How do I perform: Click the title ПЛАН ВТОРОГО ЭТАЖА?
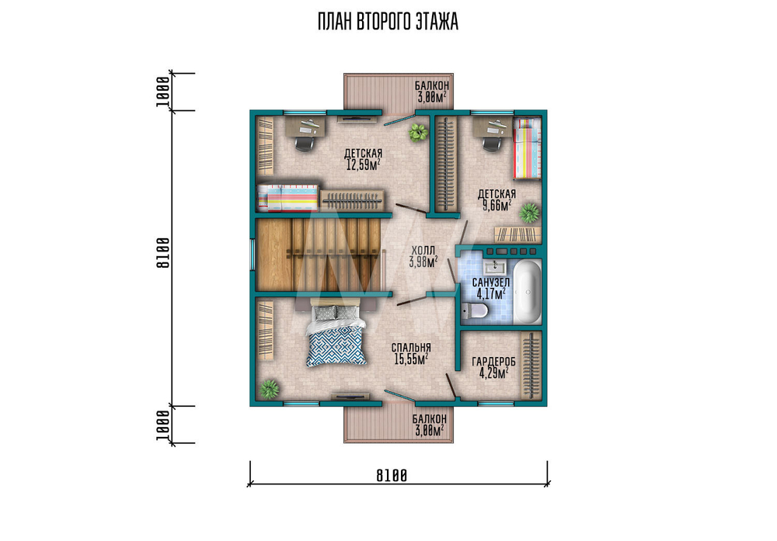click(x=388, y=23)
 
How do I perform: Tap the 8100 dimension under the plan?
click(x=392, y=476)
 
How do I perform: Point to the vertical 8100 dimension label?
click(x=163, y=253)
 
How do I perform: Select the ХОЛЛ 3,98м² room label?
click(x=423, y=256)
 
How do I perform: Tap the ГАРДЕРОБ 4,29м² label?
click(x=493, y=368)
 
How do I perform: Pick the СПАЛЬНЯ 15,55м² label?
click(x=411, y=354)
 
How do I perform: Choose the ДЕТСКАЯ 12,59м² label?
click(x=363, y=159)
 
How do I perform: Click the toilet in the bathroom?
click(x=475, y=311)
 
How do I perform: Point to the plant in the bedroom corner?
click(x=269, y=389)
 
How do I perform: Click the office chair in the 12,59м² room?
click(x=305, y=143)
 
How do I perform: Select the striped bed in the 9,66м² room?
click(x=527, y=148)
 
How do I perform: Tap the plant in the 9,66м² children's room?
click(x=529, y=213)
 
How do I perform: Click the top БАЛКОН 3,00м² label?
click(x=432, y=92)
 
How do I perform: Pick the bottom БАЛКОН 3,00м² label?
click(x=429, y=425)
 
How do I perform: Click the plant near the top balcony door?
click(x=418, y=132)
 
